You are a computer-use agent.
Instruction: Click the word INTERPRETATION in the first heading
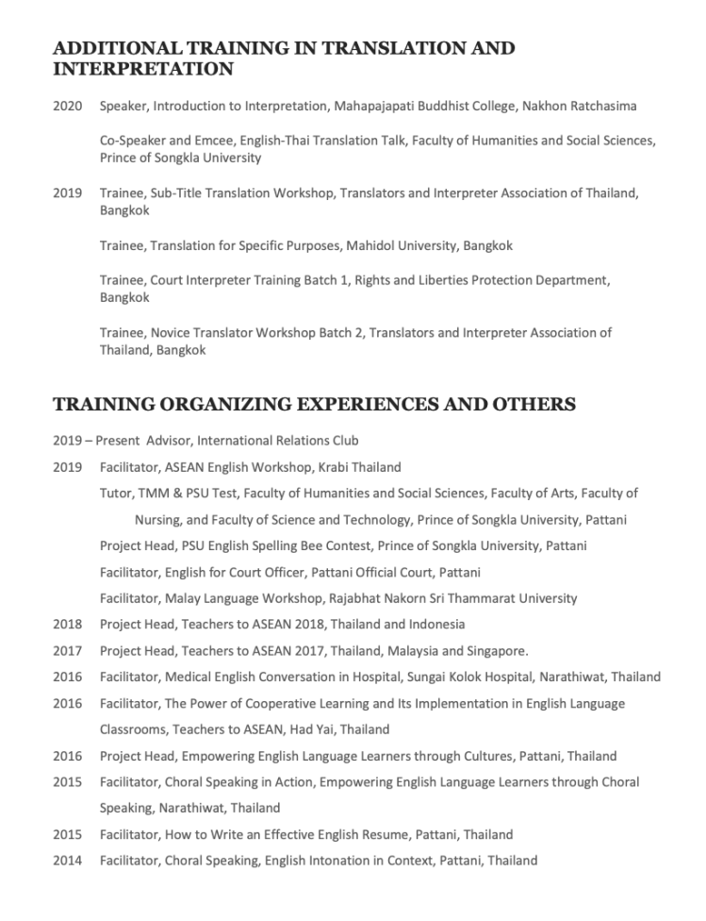click(x=142, y=69)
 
